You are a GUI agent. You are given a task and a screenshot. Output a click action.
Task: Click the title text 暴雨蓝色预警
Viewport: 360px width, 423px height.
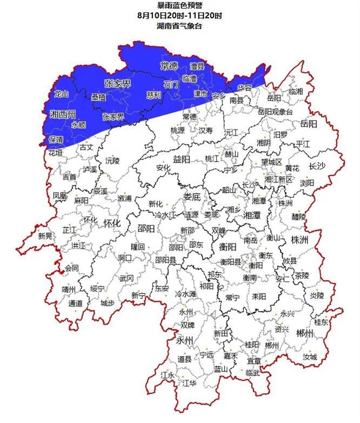click(180, 6)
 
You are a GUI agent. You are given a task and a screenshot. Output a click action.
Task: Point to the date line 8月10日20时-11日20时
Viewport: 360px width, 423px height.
click(180, 16)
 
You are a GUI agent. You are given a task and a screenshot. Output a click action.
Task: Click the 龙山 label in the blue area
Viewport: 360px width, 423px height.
click(61, 94)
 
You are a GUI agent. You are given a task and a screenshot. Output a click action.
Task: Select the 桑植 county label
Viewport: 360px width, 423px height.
click(98, 97)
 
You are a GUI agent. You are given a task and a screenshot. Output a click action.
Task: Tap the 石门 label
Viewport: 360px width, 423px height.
click(171, 85)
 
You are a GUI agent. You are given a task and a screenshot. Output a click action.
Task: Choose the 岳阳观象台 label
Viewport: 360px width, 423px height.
click(275, 111)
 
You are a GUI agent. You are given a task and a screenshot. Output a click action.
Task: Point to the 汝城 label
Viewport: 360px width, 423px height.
click(310, 357)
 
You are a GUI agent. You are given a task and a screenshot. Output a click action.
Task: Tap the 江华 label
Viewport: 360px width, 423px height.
click(189, 383)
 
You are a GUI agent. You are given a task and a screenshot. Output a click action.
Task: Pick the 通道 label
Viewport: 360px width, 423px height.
click(75, 304)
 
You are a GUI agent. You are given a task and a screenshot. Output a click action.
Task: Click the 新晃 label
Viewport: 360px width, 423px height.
click(45, 236)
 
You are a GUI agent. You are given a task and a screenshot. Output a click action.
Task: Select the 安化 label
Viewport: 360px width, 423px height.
click(163, 167)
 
